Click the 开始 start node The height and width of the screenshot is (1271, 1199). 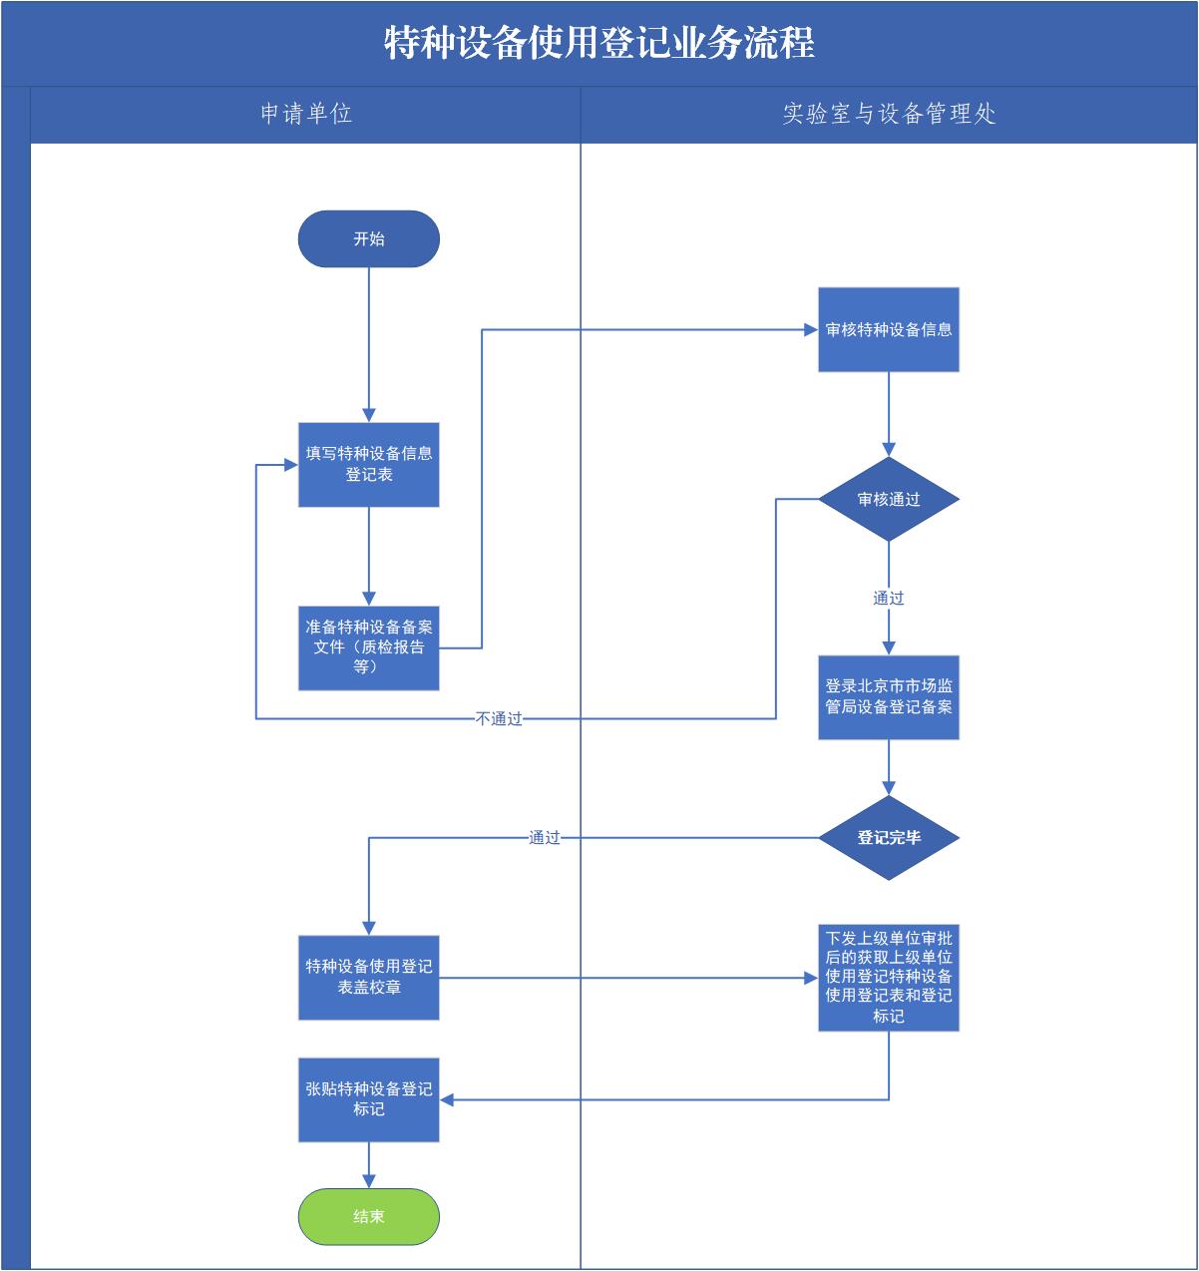pyautogui.click(x=369, y=239)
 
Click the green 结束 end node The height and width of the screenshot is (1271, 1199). pyautogui.click(x=369, y=1216)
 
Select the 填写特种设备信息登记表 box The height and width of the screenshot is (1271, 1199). pyautogui.click(x=369, y=464)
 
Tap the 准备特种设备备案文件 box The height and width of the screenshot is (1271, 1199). pyautogui.click(x=369, y=647)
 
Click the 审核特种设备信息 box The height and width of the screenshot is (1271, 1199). pyautogui.click(x=889, y=330)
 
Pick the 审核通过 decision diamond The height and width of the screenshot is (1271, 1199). pyautogui.click(x=889, y=500)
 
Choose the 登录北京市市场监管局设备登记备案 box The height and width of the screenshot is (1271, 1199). pyautogui.click(x=889, y=697)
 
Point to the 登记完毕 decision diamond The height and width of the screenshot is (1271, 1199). pyautogui.click(x=889, y=838)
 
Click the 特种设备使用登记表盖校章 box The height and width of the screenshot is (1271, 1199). pyautogui.click(x=369, y=978)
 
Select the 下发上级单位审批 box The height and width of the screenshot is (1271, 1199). pyautogui.click(x=889, y=978)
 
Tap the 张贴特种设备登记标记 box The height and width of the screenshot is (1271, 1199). pyautogui.click(x=369, y=1099)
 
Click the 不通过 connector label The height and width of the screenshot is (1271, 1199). pyautogui.click(x=499, y=718)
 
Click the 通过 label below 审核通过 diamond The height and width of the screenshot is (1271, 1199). pyautogui.click(x=889, y=599)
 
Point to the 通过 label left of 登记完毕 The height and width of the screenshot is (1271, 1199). pyautogui.click(x=545, y=838)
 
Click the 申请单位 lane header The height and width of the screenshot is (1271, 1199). pyautogui.click(x=306, y=114)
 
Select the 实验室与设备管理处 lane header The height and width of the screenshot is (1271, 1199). pyautogui.click(x=889, y=114)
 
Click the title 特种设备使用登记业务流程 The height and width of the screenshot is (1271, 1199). pyautogui.click(x=599, y=43)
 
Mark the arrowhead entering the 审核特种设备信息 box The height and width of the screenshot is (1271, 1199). pyautogui.click(x=811, y=330)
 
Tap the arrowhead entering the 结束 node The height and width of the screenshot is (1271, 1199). pyautogui.click(x=369, y=1181)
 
